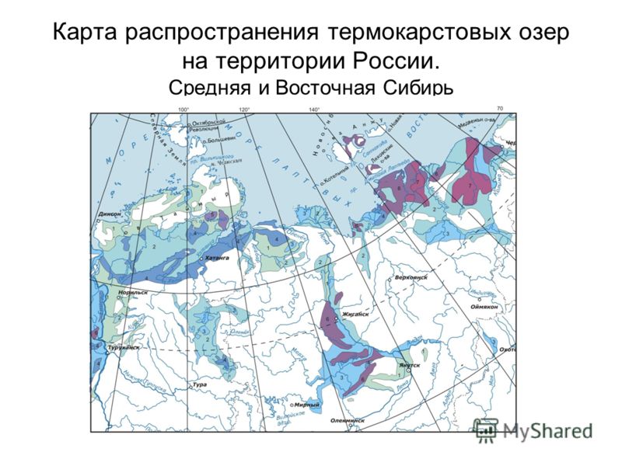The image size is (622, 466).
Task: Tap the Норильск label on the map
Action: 132,293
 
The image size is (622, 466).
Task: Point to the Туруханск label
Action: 124,348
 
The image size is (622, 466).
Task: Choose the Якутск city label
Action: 411,364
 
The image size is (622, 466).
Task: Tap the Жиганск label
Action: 355,315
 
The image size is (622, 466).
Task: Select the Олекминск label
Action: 345,420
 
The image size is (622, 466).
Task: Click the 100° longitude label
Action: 184,110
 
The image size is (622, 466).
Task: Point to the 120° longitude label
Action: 244,110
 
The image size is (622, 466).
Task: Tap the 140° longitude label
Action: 314,110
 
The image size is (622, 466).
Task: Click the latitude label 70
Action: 500,108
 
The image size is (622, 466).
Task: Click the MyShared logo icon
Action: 487,430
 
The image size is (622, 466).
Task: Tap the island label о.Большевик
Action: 222,142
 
